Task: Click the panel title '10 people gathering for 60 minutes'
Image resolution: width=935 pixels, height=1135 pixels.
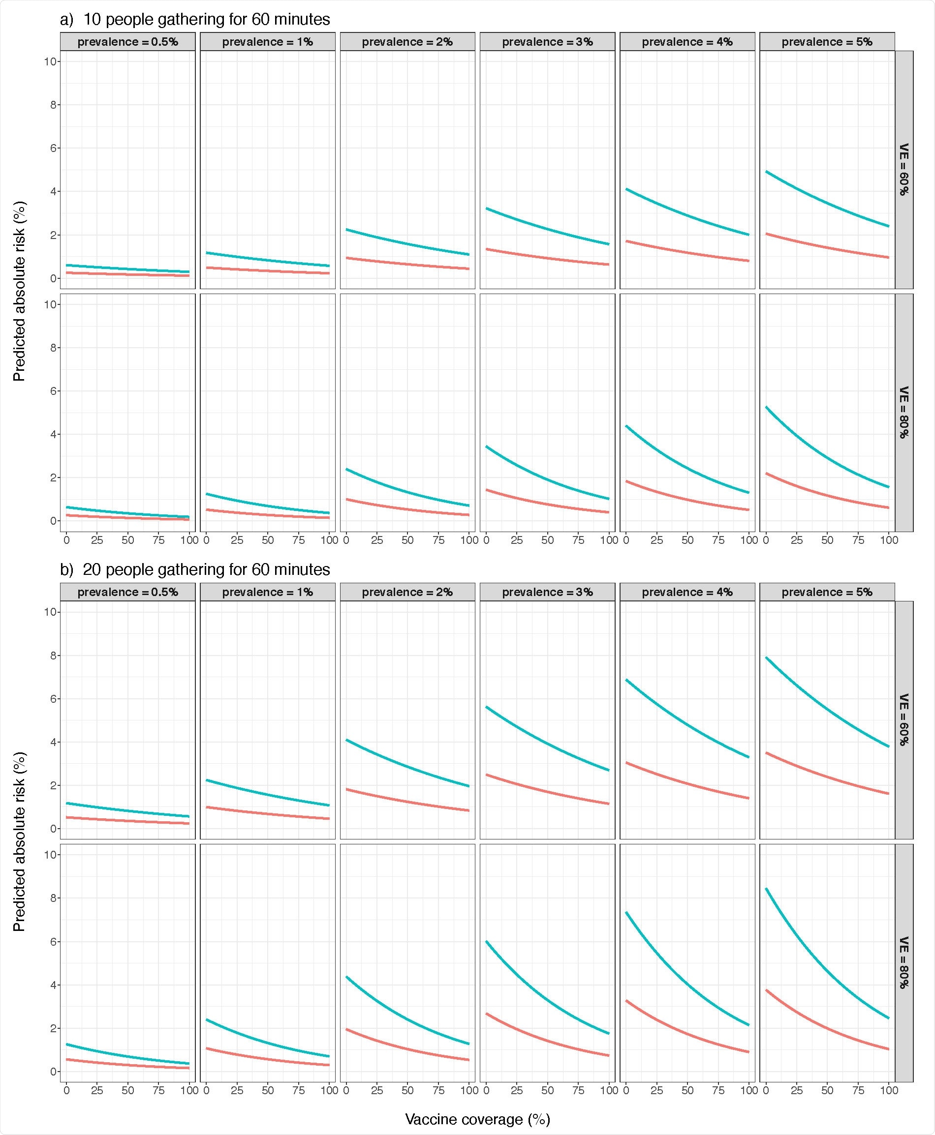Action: click(206, 20)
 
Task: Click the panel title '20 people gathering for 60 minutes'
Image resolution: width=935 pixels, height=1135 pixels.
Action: click(206, 569)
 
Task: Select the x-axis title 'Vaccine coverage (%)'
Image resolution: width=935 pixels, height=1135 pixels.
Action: click(477, 1119)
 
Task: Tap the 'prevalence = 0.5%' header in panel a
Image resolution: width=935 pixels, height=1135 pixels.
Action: click(127, 42)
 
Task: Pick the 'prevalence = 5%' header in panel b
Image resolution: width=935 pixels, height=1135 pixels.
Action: click(827, 592)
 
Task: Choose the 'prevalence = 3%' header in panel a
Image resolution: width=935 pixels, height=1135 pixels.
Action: click(547, 42)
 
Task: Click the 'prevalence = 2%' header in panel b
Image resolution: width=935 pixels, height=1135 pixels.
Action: click(407, 592)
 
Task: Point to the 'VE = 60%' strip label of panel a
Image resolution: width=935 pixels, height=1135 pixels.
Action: click(904, 169)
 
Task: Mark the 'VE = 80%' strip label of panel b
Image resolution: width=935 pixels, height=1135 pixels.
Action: click(904, 963)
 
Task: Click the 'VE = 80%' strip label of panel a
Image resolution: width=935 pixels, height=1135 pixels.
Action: click(904, 412)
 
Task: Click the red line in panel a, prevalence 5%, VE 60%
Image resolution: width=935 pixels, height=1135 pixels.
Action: click(827, 247)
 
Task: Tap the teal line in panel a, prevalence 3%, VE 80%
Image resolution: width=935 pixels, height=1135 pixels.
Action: click(547, 478)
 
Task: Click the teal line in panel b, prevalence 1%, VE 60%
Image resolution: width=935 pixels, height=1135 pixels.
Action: click(268, 794)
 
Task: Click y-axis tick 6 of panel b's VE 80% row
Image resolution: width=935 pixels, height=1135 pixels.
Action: click(53, 942)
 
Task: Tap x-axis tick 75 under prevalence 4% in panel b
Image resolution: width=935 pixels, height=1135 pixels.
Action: click(718, 1090)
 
